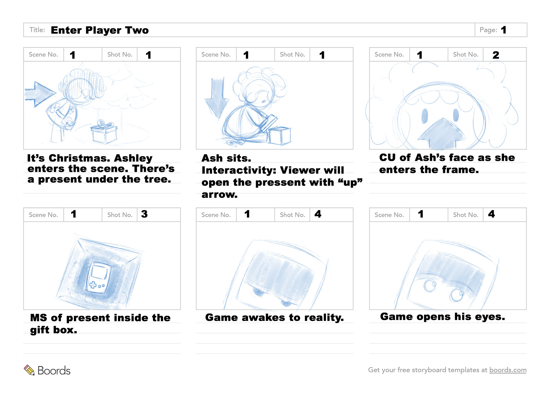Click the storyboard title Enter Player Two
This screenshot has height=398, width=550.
click(x=100, y=30)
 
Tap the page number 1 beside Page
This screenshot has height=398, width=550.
click(x=504, y=30)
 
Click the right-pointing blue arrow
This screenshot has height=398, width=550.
click(x=40, y=94)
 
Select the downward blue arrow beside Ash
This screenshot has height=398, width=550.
click(x=217, y=97)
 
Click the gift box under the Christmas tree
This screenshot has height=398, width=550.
click(x=104, y=132)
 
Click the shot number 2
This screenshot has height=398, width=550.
click(x=496, y=55)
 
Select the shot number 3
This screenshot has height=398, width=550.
click(x=144, y=214)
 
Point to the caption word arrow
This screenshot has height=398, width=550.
click(x=219, y=195)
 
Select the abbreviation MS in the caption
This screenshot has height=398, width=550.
click(x=38, y=318)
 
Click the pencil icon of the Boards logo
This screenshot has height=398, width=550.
click(x=29, y=370)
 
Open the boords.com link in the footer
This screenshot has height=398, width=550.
click(x=508, y=370)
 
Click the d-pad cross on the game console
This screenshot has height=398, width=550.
click(x=93, y=285)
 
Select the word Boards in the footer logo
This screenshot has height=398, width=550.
click(x=54, y=370)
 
